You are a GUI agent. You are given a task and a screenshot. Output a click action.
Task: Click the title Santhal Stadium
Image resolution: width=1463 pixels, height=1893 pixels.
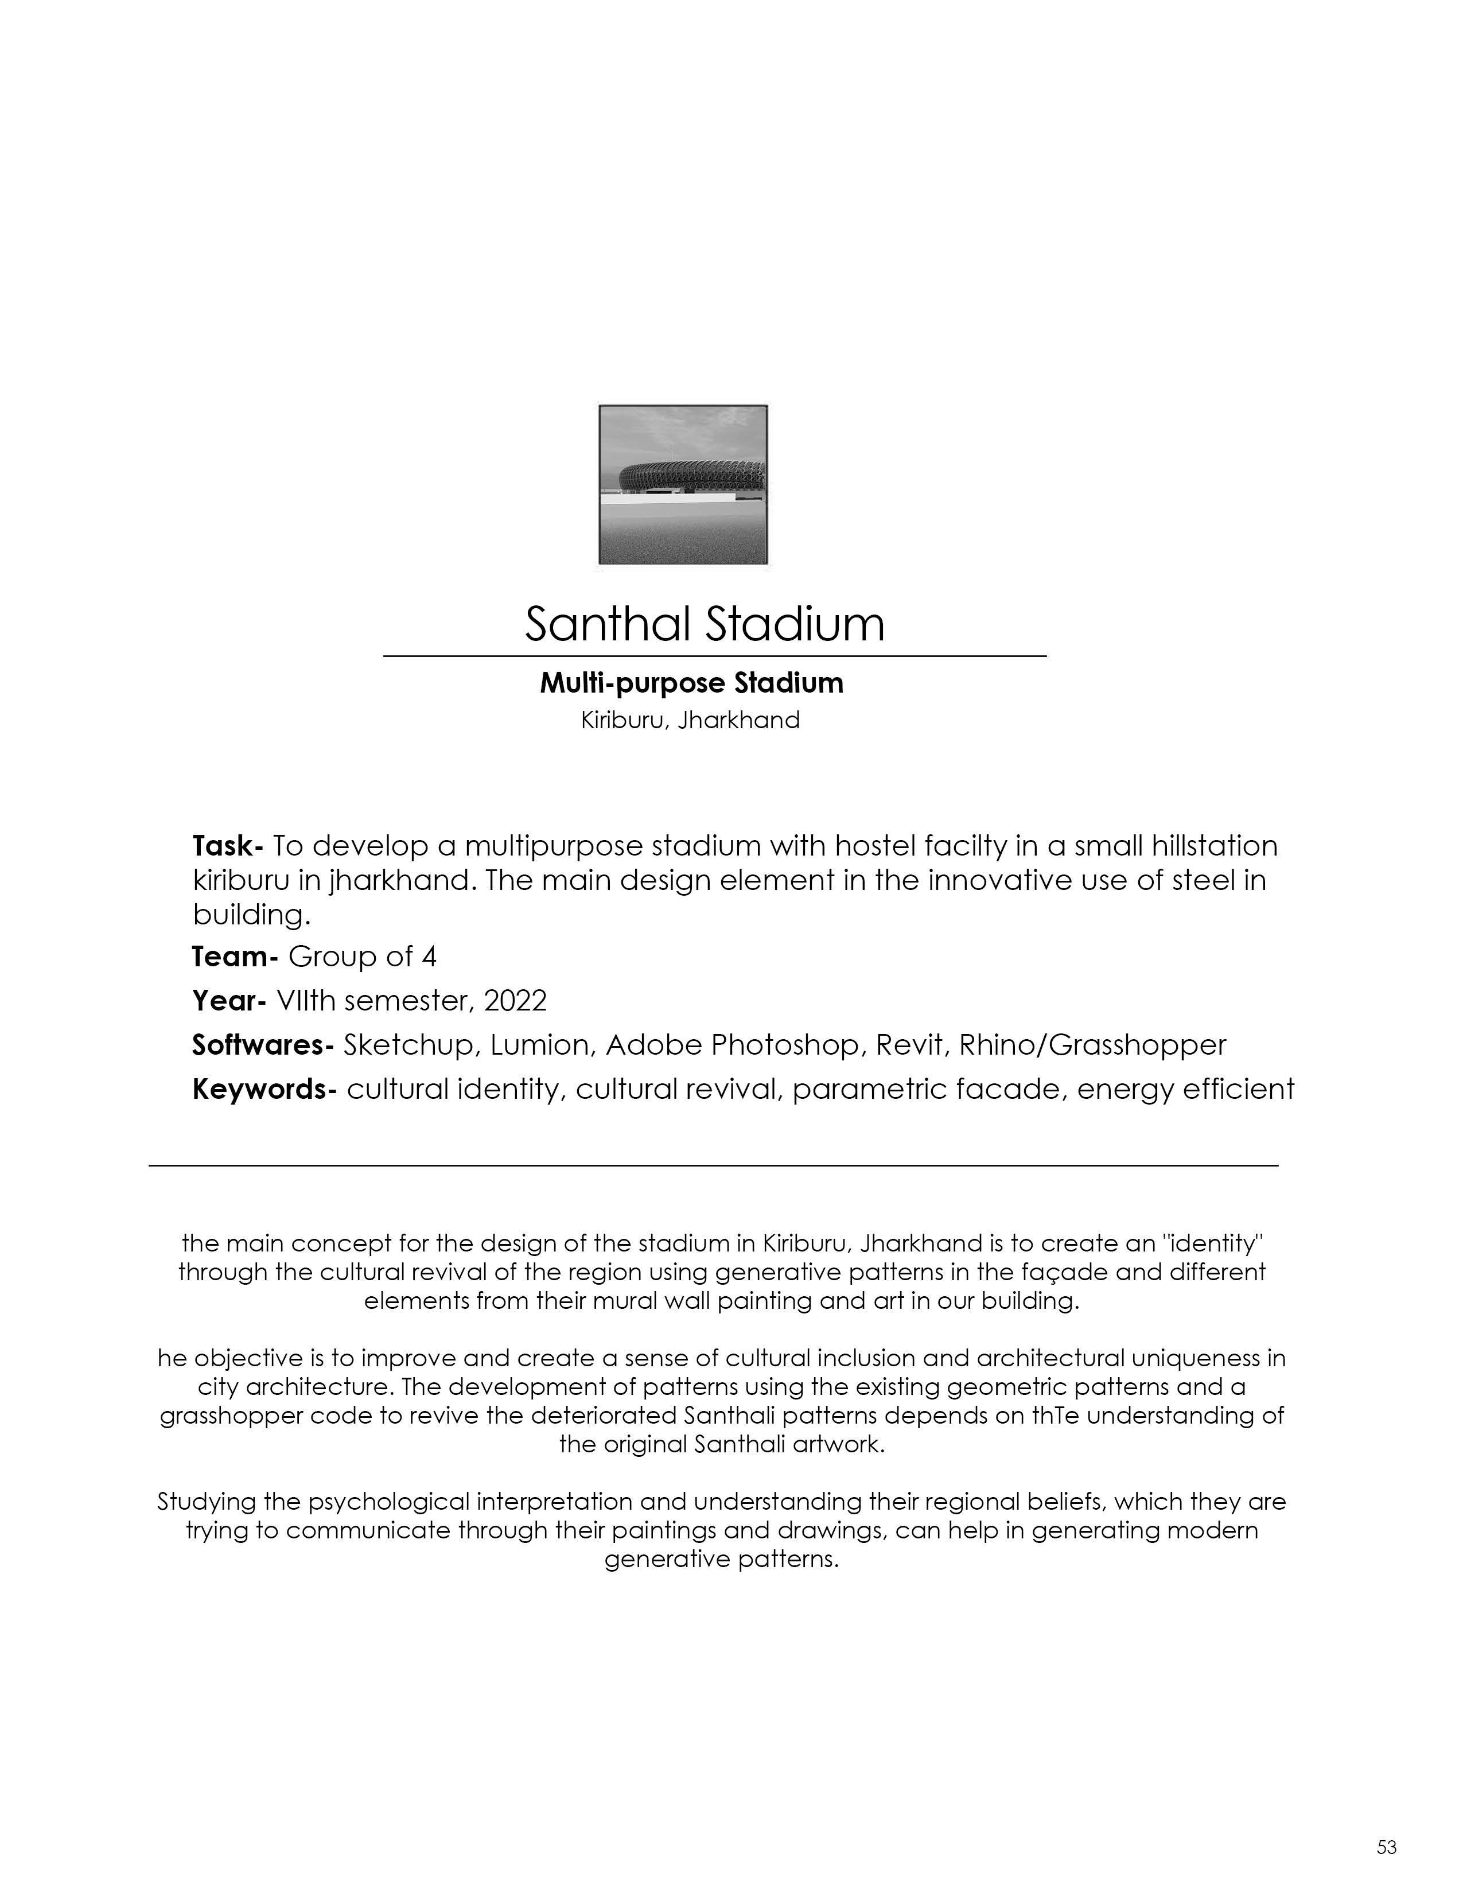pyautogui.click(x=705, y=624)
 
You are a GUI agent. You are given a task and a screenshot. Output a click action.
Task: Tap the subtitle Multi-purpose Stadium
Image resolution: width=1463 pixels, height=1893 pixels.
pyautogui.click(x=691, y=683)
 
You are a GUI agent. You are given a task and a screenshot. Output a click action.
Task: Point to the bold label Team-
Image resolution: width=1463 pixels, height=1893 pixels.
pyautogui.click(x=234, y=957)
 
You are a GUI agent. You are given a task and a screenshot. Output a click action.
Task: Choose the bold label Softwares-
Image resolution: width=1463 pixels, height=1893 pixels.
pyautogui.click(x=262, y=1045)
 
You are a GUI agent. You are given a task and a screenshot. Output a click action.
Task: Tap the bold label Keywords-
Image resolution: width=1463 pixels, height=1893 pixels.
pyautogui.click(x=263, y=1090)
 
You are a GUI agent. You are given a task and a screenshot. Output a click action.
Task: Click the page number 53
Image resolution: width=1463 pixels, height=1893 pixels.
pyautogui.click(x=1386, y=1847)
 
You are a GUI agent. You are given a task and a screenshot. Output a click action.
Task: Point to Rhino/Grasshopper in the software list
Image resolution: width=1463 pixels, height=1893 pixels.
pyautogui.click(x=1093, y=1045)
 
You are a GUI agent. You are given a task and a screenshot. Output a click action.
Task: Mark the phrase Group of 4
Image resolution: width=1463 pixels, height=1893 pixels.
pyautogui.click(x=362, y=957)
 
